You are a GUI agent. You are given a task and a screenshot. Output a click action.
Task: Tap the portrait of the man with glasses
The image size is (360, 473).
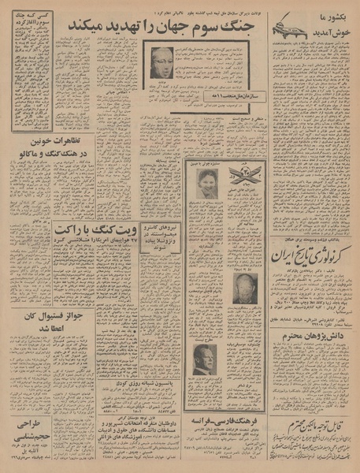tap(162, 62)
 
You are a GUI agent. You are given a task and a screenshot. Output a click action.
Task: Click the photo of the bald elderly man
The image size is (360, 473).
tap(245, 290)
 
